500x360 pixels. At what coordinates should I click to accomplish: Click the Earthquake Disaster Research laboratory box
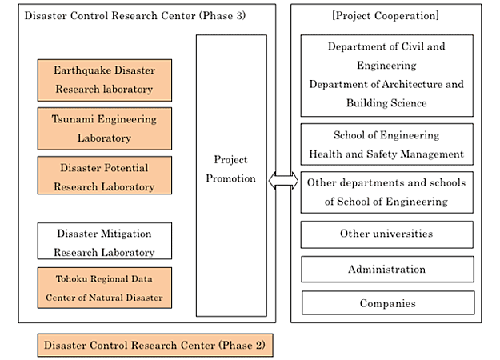[105, 80]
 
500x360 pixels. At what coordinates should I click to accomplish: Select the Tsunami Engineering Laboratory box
[105, 129]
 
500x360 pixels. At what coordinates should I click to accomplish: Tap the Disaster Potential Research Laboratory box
[105, 175]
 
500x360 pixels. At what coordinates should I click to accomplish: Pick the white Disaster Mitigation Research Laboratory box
[105, 241]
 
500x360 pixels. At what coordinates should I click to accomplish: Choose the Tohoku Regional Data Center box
[105, 288]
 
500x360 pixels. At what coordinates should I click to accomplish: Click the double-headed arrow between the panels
[283, 181]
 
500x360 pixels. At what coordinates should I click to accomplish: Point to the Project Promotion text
[231, 169]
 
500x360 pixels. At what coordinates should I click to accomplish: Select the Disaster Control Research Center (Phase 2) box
[155, 346]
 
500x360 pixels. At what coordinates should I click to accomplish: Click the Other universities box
[387, 234]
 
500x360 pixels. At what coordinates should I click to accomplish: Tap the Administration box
[387, 270]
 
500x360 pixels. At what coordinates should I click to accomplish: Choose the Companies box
[388, 303]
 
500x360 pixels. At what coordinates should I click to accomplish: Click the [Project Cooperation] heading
[386, 15]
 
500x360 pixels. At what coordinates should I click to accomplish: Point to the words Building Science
[386, 103]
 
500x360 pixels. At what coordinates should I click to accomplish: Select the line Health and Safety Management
[386, 154]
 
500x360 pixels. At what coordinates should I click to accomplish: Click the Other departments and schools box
[387, 192]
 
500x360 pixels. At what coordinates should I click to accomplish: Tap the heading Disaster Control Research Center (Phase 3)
[135, 15]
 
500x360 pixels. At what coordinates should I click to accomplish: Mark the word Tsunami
[73, 119]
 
